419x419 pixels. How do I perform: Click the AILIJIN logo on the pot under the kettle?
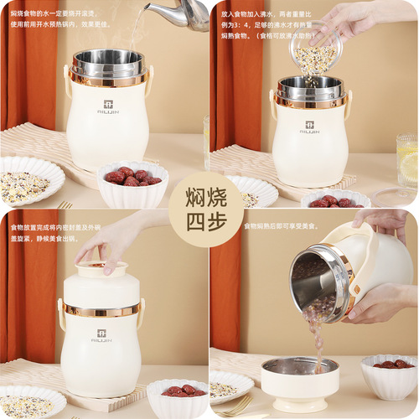[x=107, y=107]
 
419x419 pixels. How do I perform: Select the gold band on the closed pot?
[x=100, y=310]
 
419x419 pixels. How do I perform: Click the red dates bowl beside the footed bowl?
[x=389, y=374]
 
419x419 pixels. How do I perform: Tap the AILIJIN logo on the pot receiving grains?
[x=309, y=126]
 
